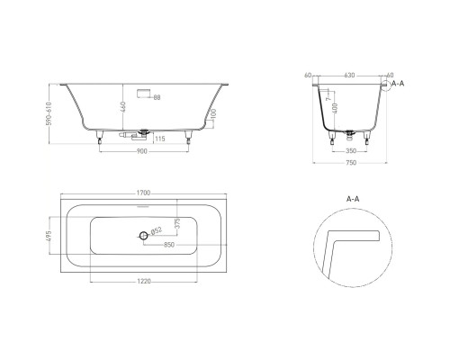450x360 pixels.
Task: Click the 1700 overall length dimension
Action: (x=142, y=193)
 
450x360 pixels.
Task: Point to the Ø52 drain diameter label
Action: (x=157, y=232)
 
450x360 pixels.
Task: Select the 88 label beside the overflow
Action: (x=157, y=96)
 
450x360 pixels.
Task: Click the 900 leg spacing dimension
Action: (x=142, y=152)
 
